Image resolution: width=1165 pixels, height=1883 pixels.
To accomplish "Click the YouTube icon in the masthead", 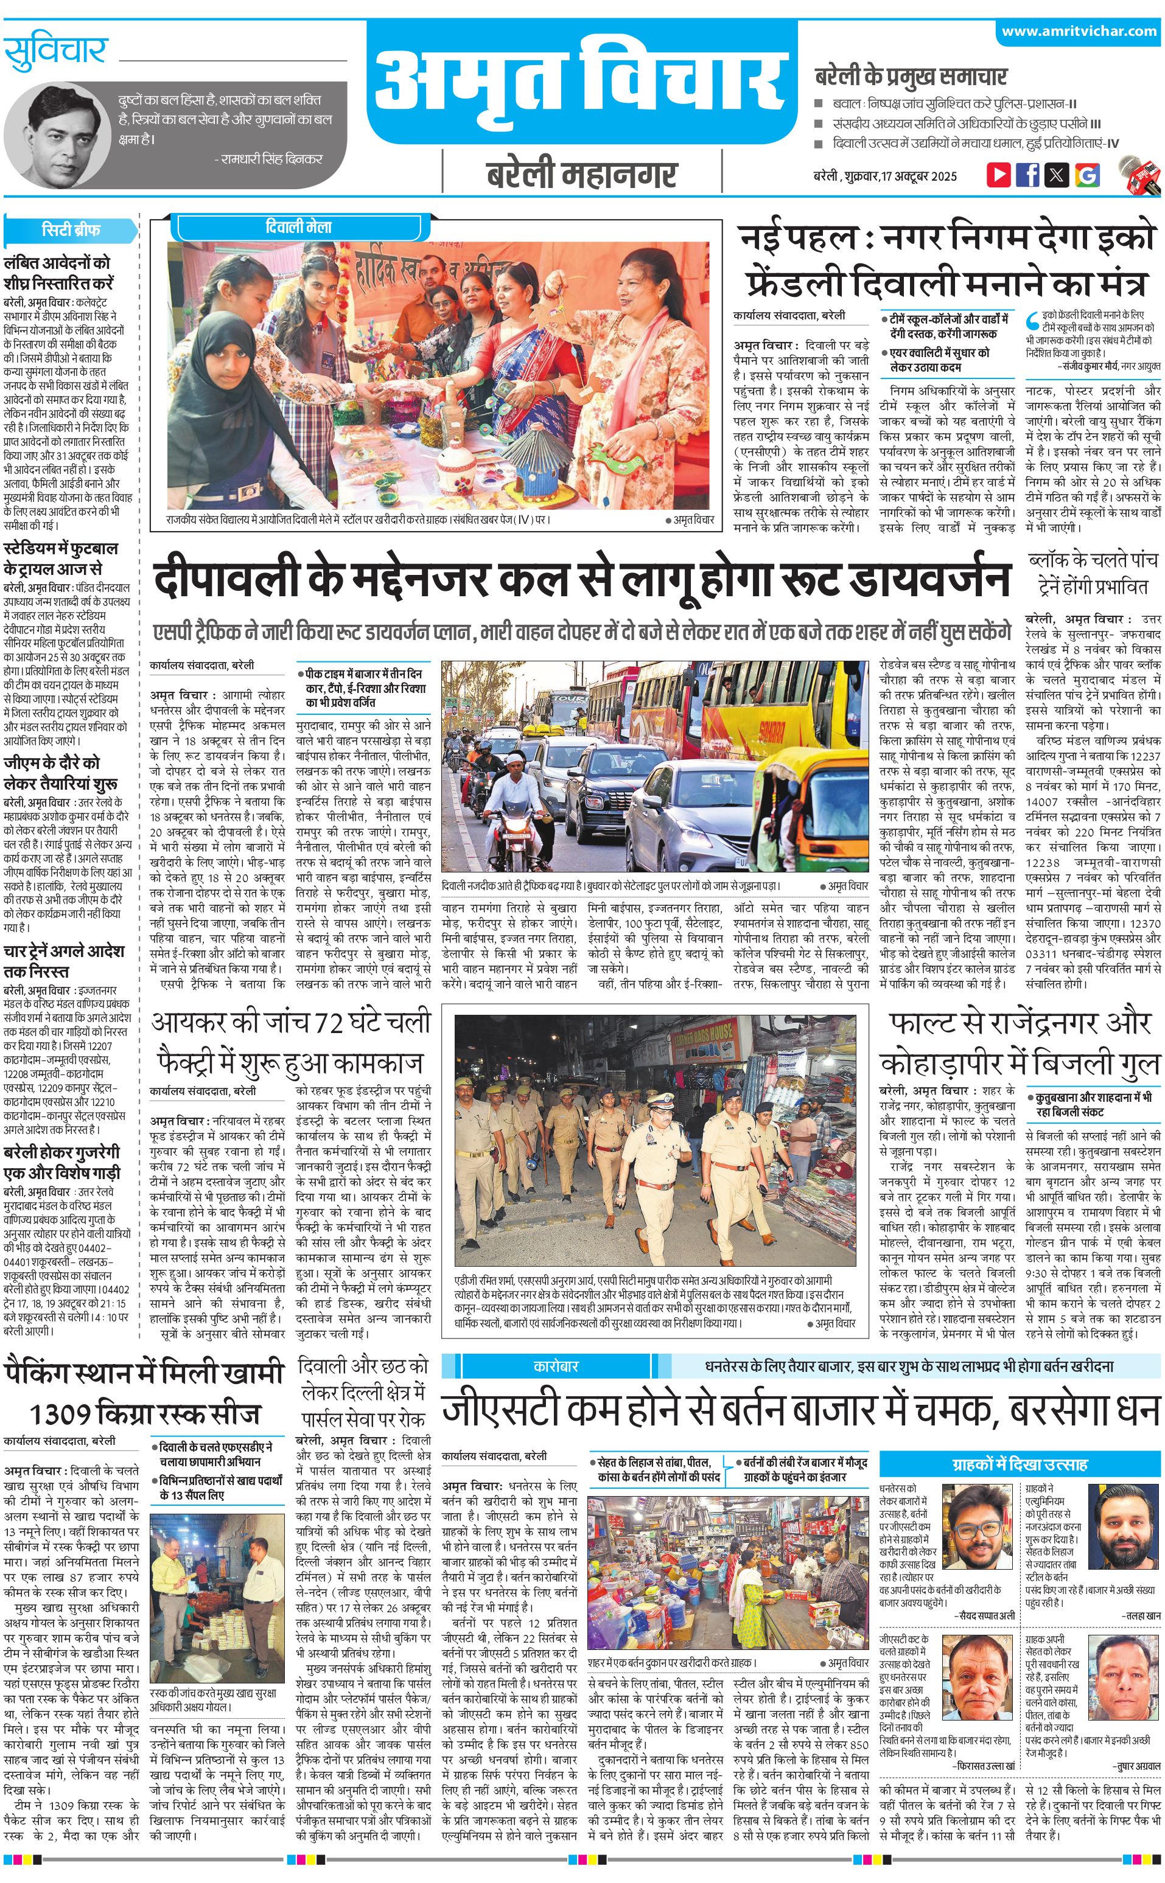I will point(999,174).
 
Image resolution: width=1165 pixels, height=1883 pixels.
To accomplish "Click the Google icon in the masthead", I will point(1087,174).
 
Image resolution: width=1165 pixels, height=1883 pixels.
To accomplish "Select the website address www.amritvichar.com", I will point(1079,32).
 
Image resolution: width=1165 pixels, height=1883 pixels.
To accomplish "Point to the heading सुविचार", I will point(55,52).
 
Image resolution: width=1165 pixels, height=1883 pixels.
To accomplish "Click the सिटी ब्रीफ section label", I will point(70,230).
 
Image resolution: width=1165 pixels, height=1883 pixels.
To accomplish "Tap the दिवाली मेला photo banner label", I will point(299,227).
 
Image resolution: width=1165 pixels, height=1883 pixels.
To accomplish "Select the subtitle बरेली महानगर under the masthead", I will point(582,175).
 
